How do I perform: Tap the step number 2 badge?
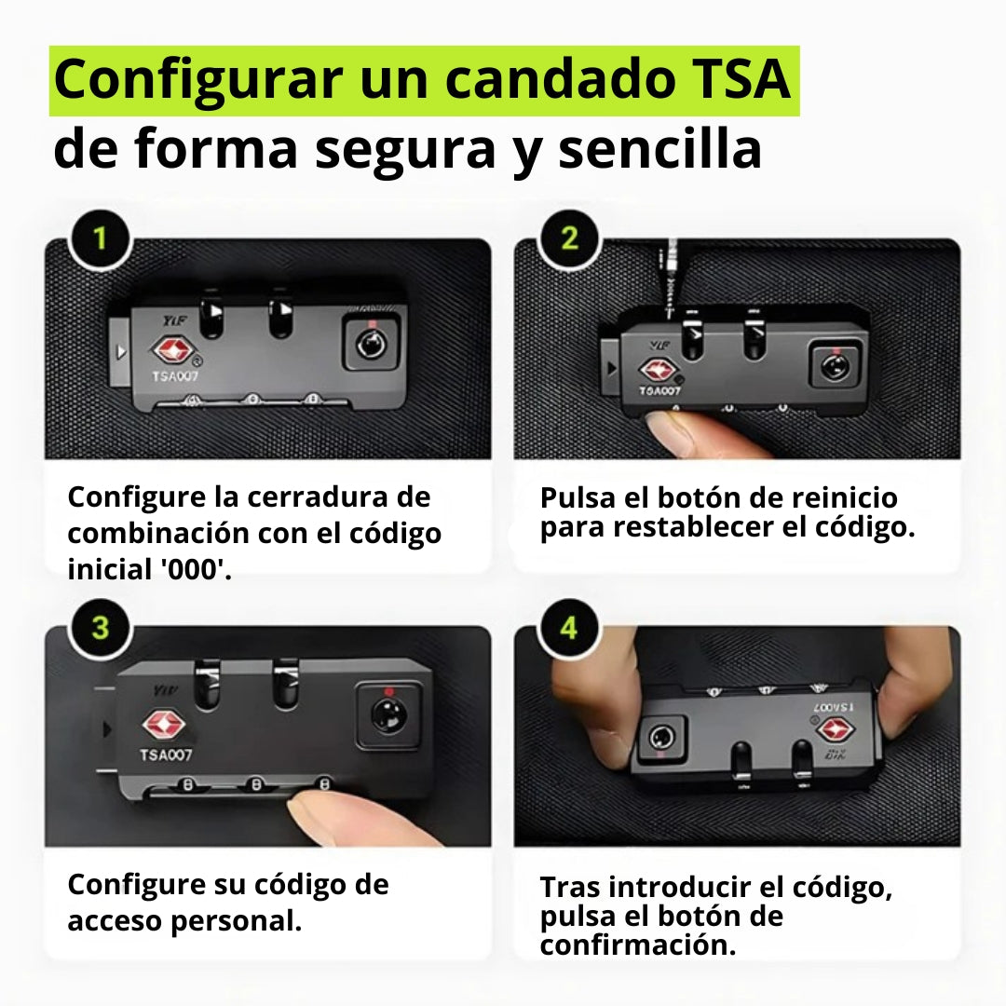coord(570,238)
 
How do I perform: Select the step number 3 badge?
coord(99,627)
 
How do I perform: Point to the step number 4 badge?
coord(568,627)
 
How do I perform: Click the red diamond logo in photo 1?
coord(170,351)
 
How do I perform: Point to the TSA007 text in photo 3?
coord(167,754)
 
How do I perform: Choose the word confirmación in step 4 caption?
coord(637,945)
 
